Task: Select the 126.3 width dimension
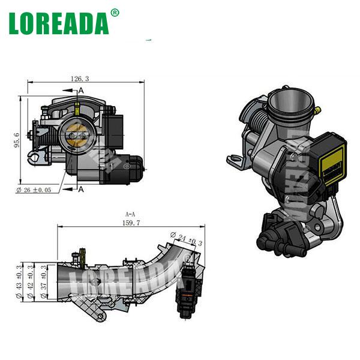[x=79, y=78]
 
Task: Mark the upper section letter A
[x=81, y=90]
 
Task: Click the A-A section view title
[x=130, y=213]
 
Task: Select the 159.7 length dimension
[x=130, y=222]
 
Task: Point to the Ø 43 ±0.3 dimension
[x=17, y=278]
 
